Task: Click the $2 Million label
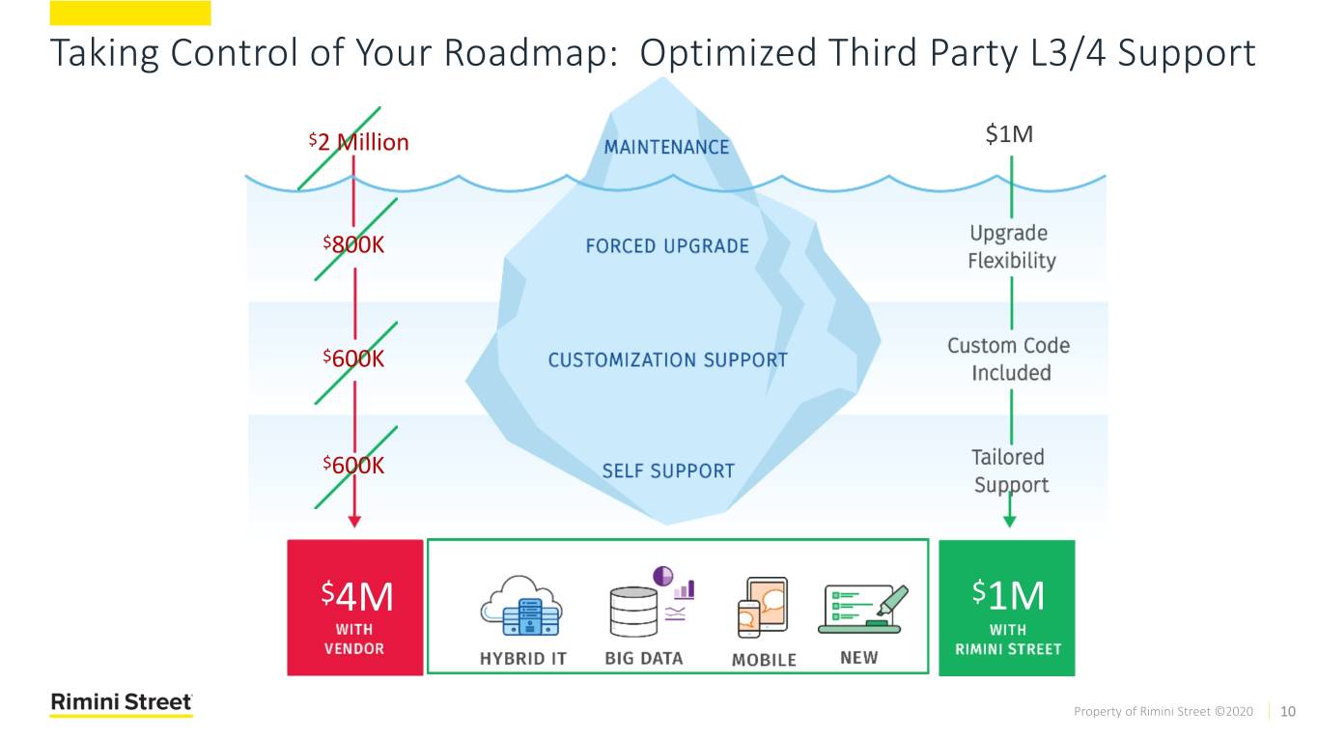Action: pos(359,143)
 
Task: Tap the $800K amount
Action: pos(353,245)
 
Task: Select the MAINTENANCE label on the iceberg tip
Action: pos(667,147)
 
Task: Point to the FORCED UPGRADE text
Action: pos(667,246)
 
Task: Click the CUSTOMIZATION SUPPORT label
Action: pos(667,360)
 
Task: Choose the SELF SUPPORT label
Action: pos(667,471)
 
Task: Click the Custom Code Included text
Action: pos(1010,359)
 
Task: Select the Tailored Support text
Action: pos(1010,471)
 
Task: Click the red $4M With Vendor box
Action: pos(355,608)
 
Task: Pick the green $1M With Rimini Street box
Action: pos(1007,608)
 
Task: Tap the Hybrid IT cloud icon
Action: pos(522,607)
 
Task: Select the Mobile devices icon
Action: pos(762,607)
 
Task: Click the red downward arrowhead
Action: pos(354,522)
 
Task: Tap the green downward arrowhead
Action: pos(1010,522)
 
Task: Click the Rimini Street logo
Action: pos(122,704)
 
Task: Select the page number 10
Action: pos(1287,712)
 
